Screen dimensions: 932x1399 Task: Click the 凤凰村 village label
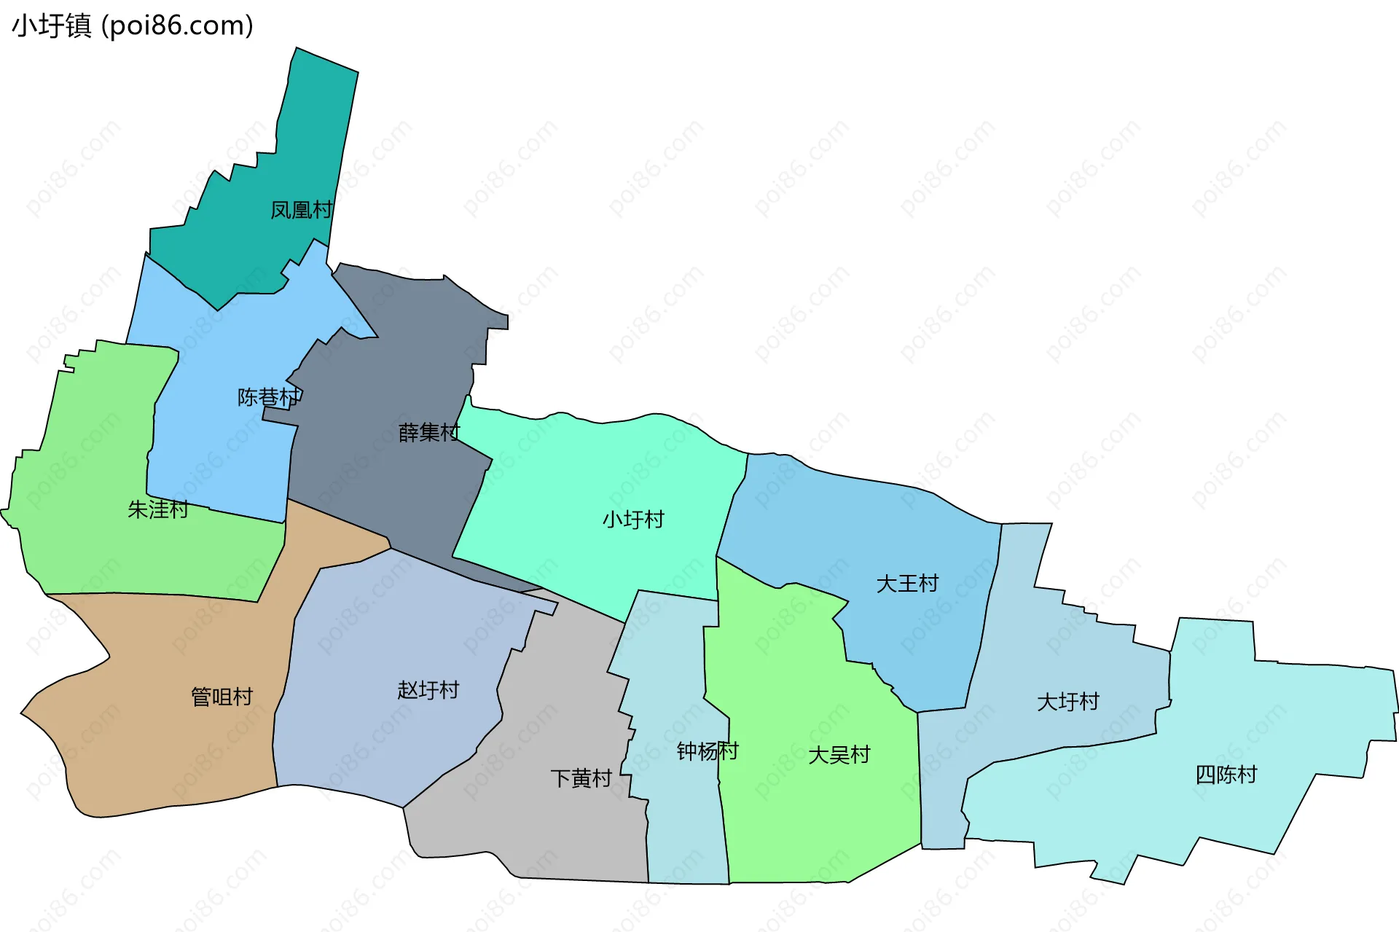pyautogui.click(x=301, y=211)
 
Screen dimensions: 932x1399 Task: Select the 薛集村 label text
pyautogui.click(x=429, y=433)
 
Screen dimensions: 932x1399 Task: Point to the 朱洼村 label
pyautogui.click(x=158, y=509)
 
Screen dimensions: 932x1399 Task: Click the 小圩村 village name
pyautogui.click(x=633, y=520)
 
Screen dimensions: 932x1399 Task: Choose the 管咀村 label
pyautogui.click(x=222, y=697)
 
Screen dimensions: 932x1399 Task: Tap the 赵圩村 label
pyautogui.click(x=428, y=690)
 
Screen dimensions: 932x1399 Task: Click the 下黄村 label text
pyautogui.click(x=581, y=779)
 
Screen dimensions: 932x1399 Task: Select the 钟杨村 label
pyautogui.click(x=708, y=751)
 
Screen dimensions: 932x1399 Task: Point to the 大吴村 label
pyautogui.click(x=839, y=756)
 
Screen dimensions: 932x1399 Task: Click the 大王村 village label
pyautogui.click(x=907, y=584)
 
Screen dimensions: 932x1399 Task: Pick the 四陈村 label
pyautogui.click(x=1226, y=775)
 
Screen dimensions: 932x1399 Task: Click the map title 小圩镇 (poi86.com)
pyautogui.click(x=133, y=26)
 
